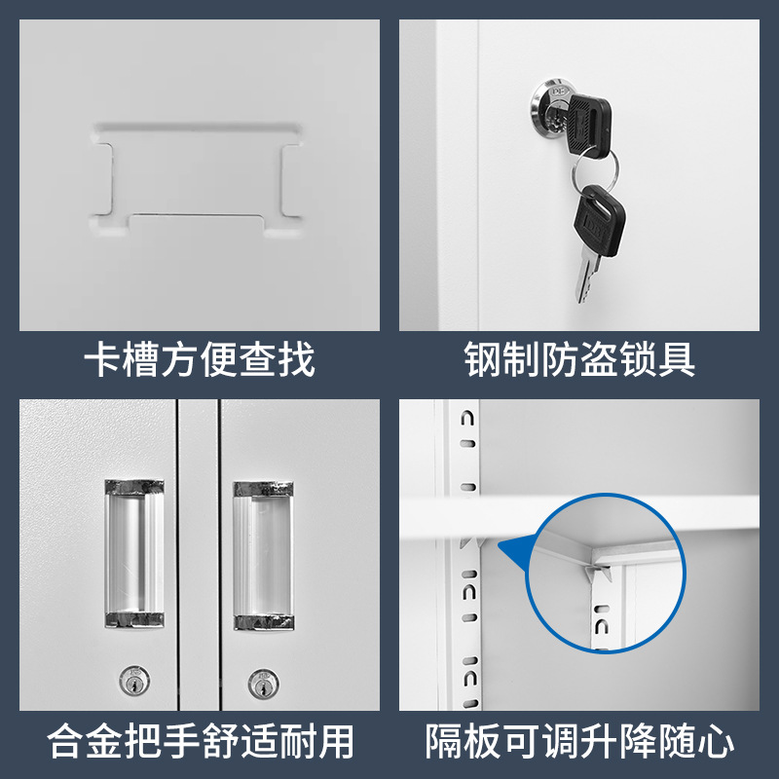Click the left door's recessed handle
point(134,552)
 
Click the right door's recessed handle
point(263,553)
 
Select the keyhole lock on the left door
point(130,680)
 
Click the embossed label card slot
point(198,175)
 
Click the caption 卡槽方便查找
point(200,359)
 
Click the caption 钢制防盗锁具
point(579,359)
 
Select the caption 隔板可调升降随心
point(579,741)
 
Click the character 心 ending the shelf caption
point(716,741)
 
